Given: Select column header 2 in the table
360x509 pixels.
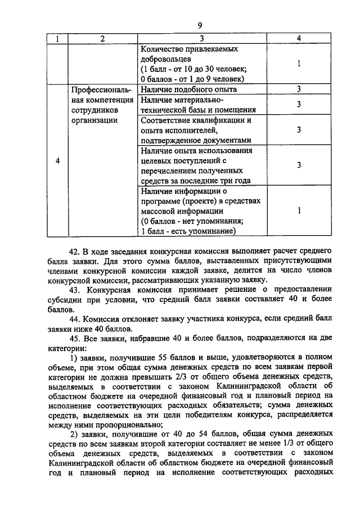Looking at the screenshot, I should tap(102, 38).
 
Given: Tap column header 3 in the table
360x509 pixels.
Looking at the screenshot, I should tap(201, 38).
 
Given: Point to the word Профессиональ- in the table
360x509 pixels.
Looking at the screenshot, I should tap(101, 89).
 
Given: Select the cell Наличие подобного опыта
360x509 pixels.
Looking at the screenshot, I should tap(188, 89).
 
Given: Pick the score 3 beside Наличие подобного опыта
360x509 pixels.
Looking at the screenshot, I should tap(299, 89).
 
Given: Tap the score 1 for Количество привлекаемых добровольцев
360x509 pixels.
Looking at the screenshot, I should tap(299, 64).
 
